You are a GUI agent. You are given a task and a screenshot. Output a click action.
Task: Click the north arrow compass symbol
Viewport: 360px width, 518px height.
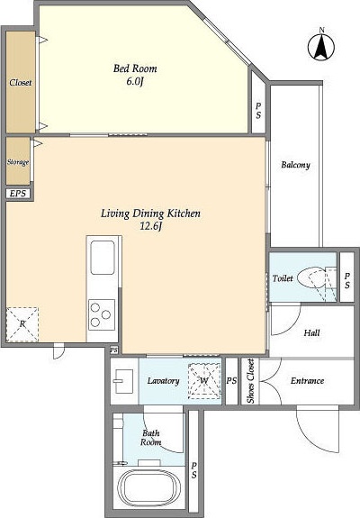pos(321,47)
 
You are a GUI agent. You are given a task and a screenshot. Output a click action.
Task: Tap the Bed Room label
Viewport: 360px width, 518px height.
pos(135,68)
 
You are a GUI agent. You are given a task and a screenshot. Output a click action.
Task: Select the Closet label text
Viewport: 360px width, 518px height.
pos(21,82)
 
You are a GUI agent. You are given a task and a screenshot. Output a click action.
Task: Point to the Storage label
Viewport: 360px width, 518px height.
pos(18,162)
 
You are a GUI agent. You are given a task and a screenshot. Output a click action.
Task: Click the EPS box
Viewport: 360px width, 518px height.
pos(18,194)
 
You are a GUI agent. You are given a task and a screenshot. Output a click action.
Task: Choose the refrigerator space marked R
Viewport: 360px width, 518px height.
pos(22,324)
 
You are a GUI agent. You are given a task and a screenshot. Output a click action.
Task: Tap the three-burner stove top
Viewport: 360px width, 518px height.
pos(102,314)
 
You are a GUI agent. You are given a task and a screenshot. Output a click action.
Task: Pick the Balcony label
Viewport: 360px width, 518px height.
pos(295,165)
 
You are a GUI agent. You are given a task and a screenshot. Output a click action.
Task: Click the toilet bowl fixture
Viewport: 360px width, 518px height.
pos(311,279)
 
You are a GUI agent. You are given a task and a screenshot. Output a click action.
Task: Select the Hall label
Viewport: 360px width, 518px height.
pos(311,332)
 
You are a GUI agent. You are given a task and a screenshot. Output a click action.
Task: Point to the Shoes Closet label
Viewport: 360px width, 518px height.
pos(251,381)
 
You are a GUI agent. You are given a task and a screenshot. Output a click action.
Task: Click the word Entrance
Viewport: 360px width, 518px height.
pos(307,381)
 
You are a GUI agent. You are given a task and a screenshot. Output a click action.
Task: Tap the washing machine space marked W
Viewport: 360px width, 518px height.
pos(204,380)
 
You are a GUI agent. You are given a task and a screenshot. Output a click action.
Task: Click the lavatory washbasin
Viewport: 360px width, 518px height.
pos(123,381)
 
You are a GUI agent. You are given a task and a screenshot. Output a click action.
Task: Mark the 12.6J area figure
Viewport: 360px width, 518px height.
pos(151,226)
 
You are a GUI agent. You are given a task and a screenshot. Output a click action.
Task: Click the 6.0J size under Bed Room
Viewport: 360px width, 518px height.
pos(135,82)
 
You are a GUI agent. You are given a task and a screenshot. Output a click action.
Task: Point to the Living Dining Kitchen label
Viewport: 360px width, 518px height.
pos(150,214)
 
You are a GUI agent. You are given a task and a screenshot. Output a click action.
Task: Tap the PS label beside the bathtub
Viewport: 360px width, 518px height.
pos(194,470)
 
